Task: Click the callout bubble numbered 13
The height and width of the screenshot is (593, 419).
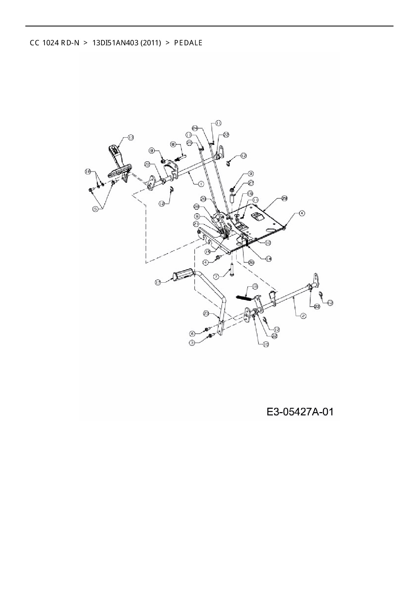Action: pyautogui.click(x=131, y=137)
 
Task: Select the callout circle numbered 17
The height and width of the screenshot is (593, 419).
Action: pyautogui.click(x=158, y=282)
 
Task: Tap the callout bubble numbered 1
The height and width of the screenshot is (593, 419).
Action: pyautogui.click(x=201, y=184)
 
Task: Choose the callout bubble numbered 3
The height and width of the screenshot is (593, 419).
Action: pyautogui.click(x=192, y=343)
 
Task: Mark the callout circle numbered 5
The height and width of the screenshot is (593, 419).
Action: pyautogui.click(x=96, y=209)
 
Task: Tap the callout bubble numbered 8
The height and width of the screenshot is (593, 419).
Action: pyautogui.click(x=173, y=144)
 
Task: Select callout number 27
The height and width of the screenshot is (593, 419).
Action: pyautogui.click(x=251, y=183)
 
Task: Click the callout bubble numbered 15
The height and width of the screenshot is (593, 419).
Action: pyautogui.click(x=208, y=251)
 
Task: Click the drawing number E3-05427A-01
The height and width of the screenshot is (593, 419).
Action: pyautogui.click(x=300, y=412)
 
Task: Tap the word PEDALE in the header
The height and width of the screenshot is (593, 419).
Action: pyautogui.click(x=188, y=43)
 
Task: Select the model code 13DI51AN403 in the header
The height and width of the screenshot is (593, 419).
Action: pyautogui.click(x=115, y=43)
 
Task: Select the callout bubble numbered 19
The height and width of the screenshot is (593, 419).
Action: pyautogui.click(x=250, y=194)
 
